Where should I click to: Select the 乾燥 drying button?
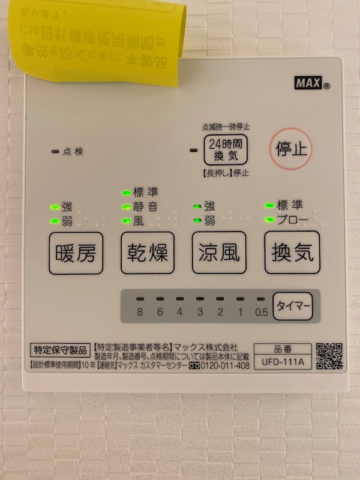148,253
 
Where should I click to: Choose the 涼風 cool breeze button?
219,253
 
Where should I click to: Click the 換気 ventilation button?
292,253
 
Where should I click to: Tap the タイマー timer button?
293,306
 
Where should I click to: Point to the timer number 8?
139,311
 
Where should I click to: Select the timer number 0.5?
260,311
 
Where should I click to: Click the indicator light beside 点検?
55,152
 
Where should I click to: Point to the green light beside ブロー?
269,219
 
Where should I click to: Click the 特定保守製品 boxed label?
60,348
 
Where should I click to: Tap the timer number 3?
199,311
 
